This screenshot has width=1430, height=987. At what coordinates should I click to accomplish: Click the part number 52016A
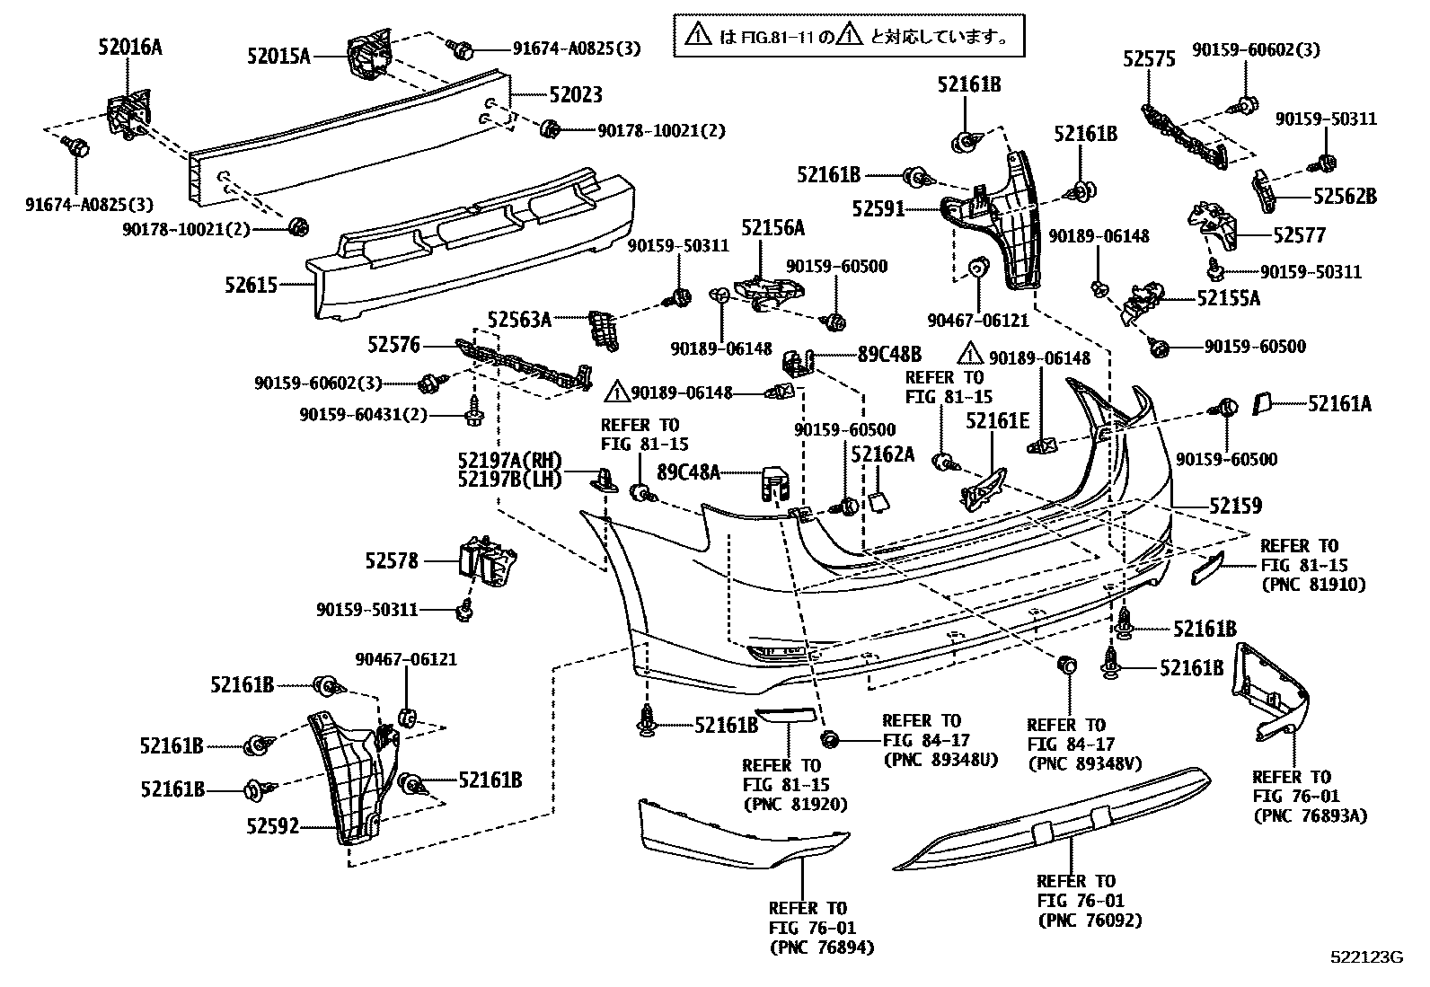click(x=130, y=48)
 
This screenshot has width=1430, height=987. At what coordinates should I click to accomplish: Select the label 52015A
click(x=278, y=57)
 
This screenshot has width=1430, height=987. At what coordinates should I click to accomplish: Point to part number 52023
click(x=576, y=94)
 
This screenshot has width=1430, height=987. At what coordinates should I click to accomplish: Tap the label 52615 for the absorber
click(x=252, y=286)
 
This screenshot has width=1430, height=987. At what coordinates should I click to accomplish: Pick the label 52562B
click(x=1344, y=196)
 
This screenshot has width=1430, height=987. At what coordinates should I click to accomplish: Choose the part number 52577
click(x=1299, y=235)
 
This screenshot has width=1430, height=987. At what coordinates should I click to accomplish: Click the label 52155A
click(x=1228, y=298)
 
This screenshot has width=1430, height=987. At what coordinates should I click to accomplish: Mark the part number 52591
click(x=878, y=209)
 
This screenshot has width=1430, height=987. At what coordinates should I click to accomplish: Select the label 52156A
click(x=772, y=228)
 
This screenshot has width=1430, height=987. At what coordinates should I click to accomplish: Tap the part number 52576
click(x=393, y=344)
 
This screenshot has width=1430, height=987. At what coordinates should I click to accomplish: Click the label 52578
click(x=392, y=560)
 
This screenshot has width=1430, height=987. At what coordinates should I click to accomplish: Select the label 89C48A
click(x=689, y=471)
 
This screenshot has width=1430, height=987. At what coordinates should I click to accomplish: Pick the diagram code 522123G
click(x=1366, y=957)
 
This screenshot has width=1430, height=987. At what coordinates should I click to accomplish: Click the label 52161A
click(x=1339, y=404)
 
